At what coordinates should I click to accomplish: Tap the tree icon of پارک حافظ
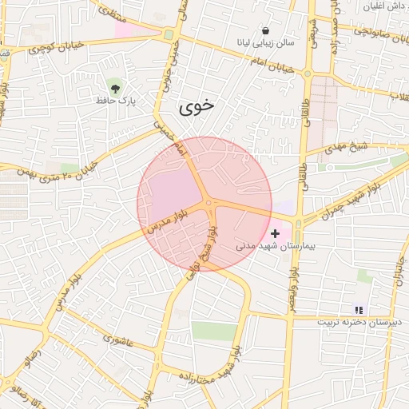tap(116, 86)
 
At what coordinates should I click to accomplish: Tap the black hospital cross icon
tap(276, 233)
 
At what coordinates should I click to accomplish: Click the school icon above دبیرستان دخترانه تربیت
tap(359, 309)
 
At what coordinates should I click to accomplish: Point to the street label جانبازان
tap(397, 276)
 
